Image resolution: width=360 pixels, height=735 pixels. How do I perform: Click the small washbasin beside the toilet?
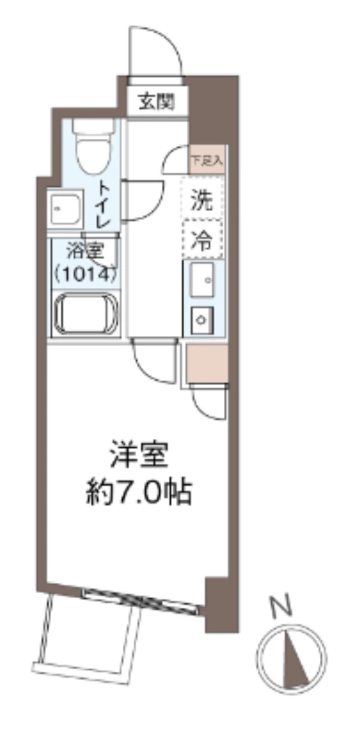coord(66,208)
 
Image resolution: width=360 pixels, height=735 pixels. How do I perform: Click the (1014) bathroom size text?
coord(84,273)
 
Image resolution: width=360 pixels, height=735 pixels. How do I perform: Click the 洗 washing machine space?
coord(202,199)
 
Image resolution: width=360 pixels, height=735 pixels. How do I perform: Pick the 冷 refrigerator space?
coord(202,240)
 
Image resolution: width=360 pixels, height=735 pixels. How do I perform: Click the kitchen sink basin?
coord(202,280)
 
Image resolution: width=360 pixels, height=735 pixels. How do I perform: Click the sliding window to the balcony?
coord(140,599)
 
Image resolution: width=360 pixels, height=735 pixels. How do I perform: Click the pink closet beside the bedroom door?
coord(207,363)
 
